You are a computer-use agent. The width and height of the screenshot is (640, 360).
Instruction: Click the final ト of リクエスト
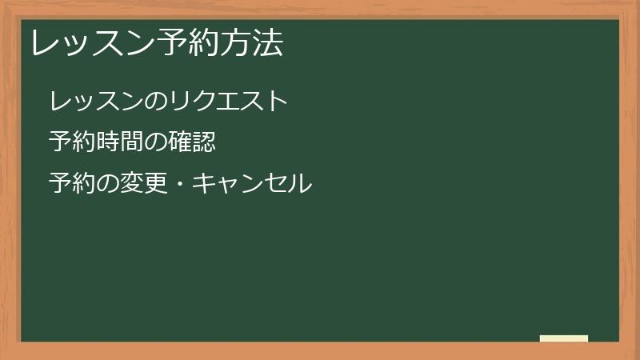pos(277,102)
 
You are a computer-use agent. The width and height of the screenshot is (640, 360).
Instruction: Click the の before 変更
pos(108,184)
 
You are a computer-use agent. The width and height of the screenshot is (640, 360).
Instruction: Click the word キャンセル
pos(251,184)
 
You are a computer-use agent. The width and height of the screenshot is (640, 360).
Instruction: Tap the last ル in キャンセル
pos(300,184)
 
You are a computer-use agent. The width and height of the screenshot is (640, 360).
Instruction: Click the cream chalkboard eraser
pos(564,338)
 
